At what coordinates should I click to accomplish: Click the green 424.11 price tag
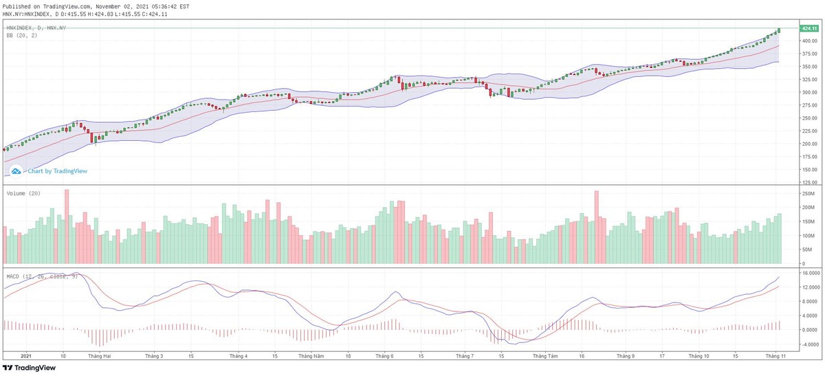pyautogui.click(x=808, y=28)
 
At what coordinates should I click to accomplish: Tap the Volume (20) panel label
pyautogui.click(x=23, y=194)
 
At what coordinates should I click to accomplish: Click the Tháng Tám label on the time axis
pyautogui.click(x=544, y=356)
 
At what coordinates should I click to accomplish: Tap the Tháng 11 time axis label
pyautogui.click(x=775, y=356)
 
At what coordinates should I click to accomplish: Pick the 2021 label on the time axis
pyautogui.click(x=26, y=356)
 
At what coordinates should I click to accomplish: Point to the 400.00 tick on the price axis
pyautogui.click(x=808, y=41)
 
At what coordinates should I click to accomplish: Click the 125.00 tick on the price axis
pyautogui.click(x=808, y=183)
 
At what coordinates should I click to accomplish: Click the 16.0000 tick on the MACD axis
pyautogui.click(x=809, y=273)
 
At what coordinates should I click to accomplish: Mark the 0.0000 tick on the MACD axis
pyautogui.click(x=808, y=330)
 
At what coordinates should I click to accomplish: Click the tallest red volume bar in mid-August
pyautogui.click(x=597, y=227)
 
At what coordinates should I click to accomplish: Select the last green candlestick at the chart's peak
pyautogui.click(x=779, y=30)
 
